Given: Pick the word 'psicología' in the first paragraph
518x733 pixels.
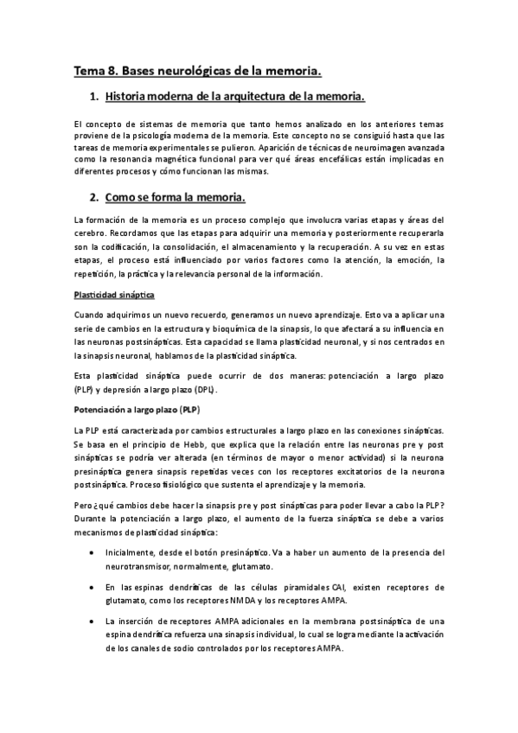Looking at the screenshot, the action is [161, 136].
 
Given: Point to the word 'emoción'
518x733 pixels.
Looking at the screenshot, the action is [406, 258].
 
